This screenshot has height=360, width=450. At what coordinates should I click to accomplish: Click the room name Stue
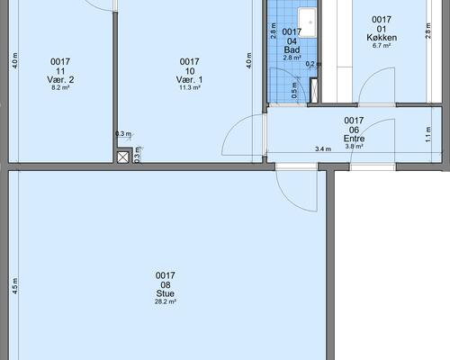click(x=166, y=293)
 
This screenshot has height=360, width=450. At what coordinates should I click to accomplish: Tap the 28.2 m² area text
click(x=166, y=301)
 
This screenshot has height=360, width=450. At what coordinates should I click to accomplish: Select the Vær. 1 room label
click(x=189, y=80)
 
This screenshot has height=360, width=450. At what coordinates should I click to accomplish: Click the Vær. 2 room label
click(x=60, y=80)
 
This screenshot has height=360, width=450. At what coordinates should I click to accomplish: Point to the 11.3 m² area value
click(x=190, y=87)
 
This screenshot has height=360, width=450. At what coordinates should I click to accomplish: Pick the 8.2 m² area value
click(x=60, y=87)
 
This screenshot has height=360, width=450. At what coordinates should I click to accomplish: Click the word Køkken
click(x=382, y=38)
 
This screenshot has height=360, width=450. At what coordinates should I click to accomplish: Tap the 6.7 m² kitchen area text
click(x=382, y=46)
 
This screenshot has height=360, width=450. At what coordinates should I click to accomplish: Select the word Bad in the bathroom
click(x=292, y=49)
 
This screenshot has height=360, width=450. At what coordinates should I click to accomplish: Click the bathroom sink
click(x=307, y=22)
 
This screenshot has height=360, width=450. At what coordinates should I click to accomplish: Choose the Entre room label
click(x=354, y=139)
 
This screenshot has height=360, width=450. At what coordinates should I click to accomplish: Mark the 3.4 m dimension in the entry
click(x=323, y=148)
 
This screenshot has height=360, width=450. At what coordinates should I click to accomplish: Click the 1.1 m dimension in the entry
click(x=428, y=134)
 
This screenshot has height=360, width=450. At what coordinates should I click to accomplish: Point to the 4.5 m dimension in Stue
click(x=15, y=286)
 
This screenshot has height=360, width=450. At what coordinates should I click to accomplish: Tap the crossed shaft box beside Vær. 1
click(x=123, y=157)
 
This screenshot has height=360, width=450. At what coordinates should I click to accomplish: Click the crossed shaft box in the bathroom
click(x=314, y=90)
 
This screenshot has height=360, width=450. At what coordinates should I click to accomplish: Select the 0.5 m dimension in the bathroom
click(x=294, y=90)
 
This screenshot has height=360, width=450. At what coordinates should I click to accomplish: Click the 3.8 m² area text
click(x=355, y=147)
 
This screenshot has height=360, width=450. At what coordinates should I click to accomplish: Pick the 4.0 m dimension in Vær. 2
click(x=15, y=61)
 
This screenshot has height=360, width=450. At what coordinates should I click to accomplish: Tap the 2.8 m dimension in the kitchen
click(x=428, y=31)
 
